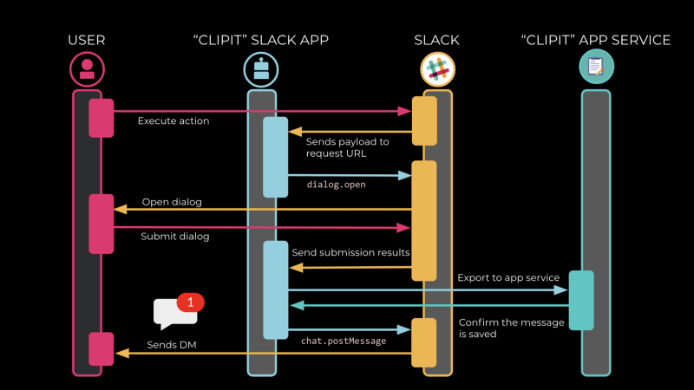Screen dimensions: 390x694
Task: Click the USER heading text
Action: pos(87,40)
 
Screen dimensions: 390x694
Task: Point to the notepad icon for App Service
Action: pos(596,67)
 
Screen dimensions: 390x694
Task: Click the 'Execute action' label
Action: pos(173,121)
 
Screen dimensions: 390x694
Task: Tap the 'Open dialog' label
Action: pos(171,203)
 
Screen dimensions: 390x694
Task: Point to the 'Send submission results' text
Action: pos(350,252)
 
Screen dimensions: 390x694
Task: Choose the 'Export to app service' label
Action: pos(507,277)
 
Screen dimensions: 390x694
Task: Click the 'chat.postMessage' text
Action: pos(344,341)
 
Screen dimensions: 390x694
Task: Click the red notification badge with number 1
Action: pos(190,302)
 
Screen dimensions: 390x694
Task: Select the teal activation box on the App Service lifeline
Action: pos(581,300)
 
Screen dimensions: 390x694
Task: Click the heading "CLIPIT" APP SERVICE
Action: pos(596,40)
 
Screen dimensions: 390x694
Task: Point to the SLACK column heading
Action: pos(437,40)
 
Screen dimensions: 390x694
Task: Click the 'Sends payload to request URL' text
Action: pos(347,147)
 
